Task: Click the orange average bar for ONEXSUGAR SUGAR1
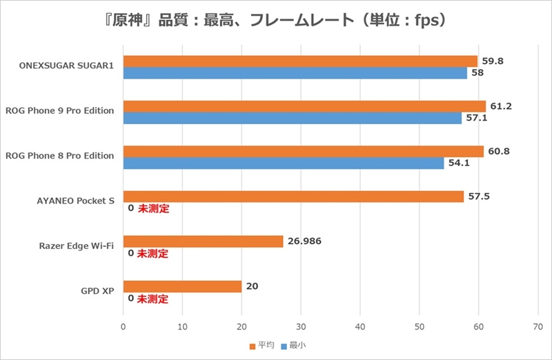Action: click(300, 61)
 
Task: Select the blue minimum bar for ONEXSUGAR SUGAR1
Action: click(295, 73)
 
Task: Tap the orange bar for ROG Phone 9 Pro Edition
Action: click(304, 106)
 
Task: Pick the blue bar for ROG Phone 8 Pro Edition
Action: click(284, 163)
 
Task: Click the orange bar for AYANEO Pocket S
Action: click(293, 197)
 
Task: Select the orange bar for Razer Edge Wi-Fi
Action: click(203, 241)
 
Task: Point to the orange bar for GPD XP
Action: click(182, 286)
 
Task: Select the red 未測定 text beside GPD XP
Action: click(153, 299)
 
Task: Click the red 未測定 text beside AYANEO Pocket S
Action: click(153, 208)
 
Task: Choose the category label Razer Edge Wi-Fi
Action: click(77, 246)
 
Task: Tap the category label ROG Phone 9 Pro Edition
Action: click(59, 110)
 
